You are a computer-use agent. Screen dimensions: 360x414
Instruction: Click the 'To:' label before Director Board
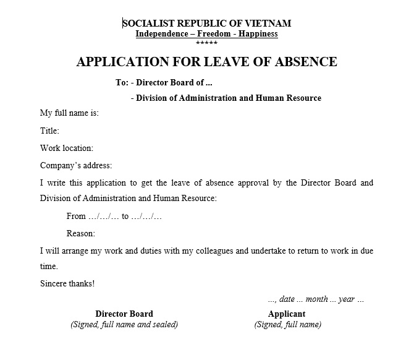point(122,83)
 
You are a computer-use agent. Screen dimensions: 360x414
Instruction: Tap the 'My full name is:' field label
point(69,113)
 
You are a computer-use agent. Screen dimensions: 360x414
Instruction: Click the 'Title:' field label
point(49,131)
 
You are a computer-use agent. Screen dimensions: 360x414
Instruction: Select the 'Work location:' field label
point(66,148)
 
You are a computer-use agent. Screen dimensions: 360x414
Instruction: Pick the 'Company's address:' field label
point(76,165)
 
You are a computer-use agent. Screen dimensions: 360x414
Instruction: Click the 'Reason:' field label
point(80,234)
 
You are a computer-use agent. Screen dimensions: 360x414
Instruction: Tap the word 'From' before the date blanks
point(76,216)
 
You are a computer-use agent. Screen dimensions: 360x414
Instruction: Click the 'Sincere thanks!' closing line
point(67,284)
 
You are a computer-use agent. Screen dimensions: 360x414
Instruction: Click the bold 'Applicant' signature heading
point(287,314)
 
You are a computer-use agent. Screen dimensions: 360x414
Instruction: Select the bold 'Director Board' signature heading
point(124,314)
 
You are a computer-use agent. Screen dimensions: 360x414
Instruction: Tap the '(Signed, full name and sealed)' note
point(124,324)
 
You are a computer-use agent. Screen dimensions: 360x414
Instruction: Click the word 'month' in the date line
point(316,299)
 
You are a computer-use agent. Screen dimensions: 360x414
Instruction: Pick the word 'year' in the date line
point(347,299)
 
